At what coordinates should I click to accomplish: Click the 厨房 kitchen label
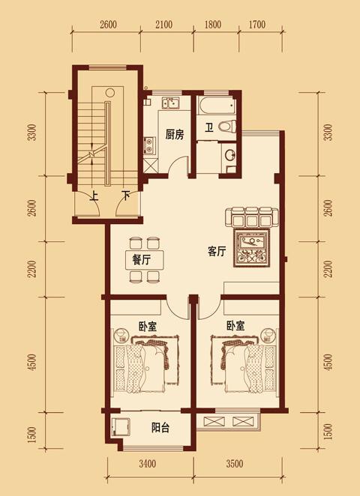pos(175,135)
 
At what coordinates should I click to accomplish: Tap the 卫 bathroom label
pos(208,128)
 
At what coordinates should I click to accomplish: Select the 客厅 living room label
pos(217,252)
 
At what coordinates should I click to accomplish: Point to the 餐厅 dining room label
pos(141,260)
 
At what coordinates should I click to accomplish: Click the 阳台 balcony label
pos(160,428)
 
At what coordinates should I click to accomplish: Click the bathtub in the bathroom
pos(217,106)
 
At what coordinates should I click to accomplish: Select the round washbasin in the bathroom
pos(229,155)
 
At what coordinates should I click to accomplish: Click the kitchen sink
pos(171,103)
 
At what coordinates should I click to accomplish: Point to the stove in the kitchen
pos(148,145)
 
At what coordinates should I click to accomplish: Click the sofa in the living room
pos(252,217)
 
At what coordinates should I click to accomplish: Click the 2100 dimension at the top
pos(163,25)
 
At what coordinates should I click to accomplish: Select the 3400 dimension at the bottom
pos(147,464)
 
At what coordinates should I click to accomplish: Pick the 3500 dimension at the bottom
pos(235,464)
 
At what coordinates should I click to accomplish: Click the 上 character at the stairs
pos(93,197)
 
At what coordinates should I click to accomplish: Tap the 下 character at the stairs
pos(126,197)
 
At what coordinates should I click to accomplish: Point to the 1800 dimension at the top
pos(213,25)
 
